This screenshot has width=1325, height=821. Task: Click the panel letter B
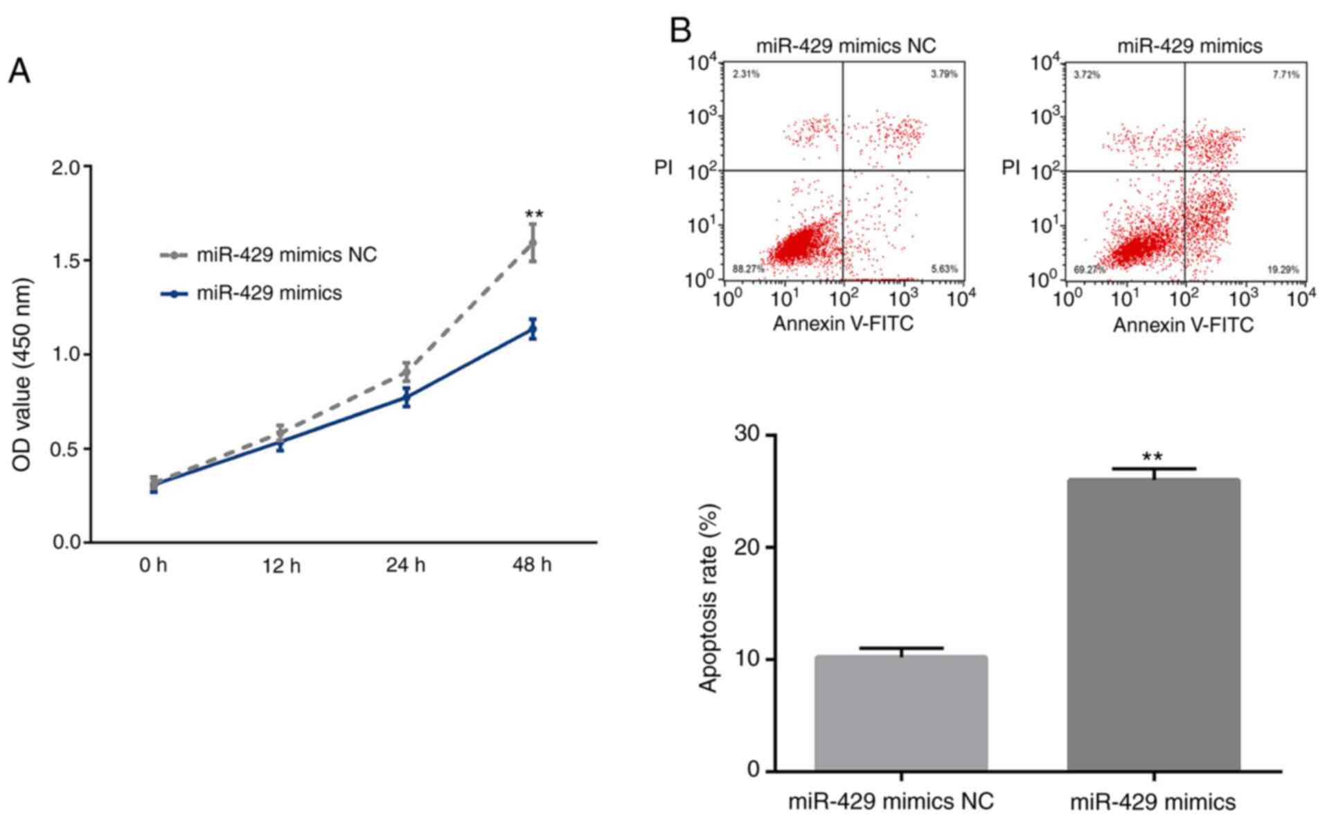(681, 30)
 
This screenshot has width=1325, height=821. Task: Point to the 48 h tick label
(532, 566)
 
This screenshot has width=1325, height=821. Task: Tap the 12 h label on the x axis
(281, 566)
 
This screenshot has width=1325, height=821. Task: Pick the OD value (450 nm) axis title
(22, 375)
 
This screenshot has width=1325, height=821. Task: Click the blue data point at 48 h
(533, 329)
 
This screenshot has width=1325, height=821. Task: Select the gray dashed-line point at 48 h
(533, 243)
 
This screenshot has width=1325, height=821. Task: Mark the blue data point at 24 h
(407, 397)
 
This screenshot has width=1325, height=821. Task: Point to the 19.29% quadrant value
(1283, 269)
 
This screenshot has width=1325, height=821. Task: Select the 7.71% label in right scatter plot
(1286, 75)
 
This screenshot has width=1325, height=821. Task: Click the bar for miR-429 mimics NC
(900, 713)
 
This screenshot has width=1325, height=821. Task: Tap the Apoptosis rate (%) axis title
(708, 597)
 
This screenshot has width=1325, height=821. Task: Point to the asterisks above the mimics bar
(1153, 457)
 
